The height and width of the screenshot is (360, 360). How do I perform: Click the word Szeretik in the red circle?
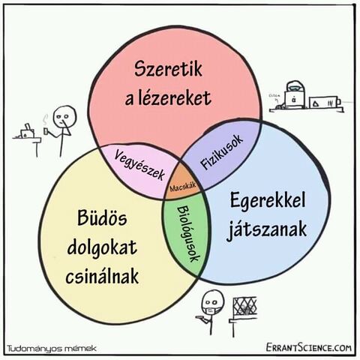168,69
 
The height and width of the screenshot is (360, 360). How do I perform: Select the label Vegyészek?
139,165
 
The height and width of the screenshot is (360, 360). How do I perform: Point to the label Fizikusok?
222,151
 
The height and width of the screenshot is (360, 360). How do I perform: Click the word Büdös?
102,217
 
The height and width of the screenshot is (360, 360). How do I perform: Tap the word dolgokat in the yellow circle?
102,248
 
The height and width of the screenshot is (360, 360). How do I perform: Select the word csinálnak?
102,275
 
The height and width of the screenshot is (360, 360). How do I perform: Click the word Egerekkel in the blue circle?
268,200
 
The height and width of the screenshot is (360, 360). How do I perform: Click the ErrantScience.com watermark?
308,347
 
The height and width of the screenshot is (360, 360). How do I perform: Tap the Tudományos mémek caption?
52,348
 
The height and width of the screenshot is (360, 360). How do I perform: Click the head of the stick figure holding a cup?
64,117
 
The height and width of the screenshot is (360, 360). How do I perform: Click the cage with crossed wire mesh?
244,308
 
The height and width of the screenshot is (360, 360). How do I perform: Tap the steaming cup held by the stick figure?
46,130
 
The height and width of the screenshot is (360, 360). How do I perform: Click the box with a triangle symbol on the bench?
316,103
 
